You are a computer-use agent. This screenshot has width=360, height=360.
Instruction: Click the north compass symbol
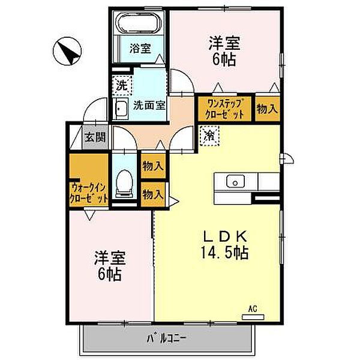click(67, 51)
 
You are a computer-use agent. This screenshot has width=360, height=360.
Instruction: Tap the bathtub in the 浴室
click(139, 23)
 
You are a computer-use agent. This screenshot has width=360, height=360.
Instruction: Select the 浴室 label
click(140, 48)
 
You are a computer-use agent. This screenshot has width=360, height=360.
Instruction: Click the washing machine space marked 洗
click(122, 85)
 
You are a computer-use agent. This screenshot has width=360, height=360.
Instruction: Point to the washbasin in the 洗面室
click(121, 108)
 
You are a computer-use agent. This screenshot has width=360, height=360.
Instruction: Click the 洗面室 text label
click(149, 106)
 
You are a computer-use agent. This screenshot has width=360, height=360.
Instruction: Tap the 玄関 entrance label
click(95, 137)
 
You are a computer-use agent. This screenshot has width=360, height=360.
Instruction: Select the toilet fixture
click(124, 184)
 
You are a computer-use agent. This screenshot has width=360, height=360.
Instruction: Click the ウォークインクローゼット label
click(88, 193)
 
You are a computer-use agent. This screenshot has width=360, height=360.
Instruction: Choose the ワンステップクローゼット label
click(224, 109)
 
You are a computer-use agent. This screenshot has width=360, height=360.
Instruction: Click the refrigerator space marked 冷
click(209, 136)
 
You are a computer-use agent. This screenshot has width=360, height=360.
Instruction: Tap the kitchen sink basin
click(235, 181)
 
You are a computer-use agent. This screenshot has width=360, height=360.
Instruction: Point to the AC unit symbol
click(253, 317)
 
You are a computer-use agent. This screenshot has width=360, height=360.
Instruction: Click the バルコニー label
click(167, 338)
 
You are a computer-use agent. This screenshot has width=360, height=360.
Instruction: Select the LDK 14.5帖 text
click(225, 245)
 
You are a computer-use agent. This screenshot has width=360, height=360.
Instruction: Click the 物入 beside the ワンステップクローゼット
click(268, 109)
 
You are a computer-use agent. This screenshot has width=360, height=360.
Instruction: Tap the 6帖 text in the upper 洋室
click(224, 60)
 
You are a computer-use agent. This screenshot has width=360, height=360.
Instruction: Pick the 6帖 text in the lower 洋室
click(110, 274)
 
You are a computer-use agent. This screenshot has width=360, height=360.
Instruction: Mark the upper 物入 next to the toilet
click(153, 166)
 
